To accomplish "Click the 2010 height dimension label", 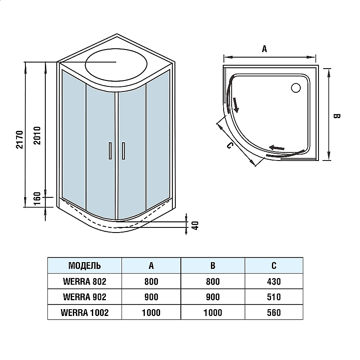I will [37, 135].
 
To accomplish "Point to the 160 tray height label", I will [37, 198].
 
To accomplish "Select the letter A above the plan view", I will [264, 49].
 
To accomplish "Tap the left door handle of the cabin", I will [110, 151].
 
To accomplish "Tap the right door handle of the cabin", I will [124, 151].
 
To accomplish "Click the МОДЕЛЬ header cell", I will [84, 266].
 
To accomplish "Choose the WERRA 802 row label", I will [84, 281].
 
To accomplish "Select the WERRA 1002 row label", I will [84, 313].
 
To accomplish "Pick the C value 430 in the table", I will [274, 281].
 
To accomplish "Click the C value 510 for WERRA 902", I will [274, 297].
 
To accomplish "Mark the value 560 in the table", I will [274, 313].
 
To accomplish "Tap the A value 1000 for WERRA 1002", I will [151, 313].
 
